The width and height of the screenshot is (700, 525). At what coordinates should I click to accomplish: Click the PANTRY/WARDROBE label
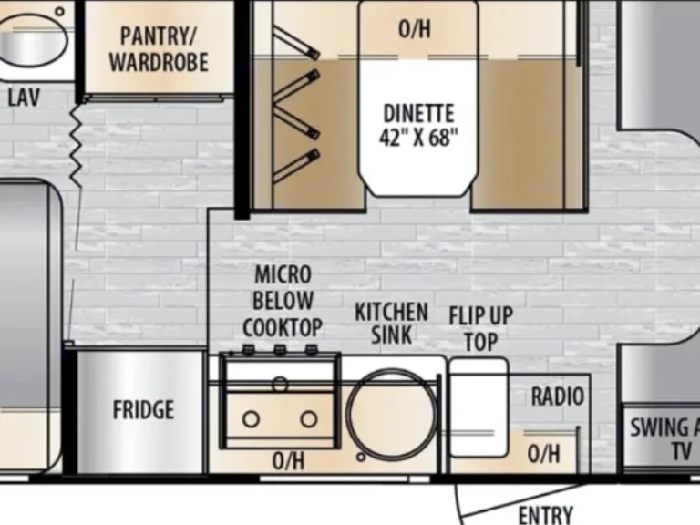[159, 49]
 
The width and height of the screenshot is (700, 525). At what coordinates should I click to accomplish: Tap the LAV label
[24, 97]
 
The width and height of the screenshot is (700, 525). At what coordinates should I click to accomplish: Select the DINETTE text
[418, 113]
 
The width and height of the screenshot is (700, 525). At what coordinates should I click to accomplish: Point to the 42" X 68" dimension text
[418, 137]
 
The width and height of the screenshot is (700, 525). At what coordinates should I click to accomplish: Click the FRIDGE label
[143, 410]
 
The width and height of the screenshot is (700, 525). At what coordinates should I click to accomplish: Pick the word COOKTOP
[283, 328]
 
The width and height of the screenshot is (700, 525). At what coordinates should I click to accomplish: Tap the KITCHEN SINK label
[391, 324]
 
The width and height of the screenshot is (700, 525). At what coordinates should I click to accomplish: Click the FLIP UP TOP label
[481, 329]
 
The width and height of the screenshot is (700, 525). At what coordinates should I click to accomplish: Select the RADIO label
[558, 396]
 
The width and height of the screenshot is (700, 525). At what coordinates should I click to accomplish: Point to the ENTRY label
[546, 515]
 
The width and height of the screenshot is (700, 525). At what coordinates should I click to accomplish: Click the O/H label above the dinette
[415, 29]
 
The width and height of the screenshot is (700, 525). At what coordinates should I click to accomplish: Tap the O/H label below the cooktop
[289, 460]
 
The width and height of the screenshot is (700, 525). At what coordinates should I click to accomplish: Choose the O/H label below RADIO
[543, 454]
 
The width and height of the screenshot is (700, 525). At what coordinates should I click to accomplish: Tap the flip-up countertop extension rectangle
[479, 407]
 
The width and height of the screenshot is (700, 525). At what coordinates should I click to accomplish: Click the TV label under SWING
[681, 451]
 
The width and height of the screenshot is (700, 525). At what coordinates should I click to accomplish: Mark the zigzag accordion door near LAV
[76, 146]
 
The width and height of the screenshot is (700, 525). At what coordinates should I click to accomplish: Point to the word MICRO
[283, 274]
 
